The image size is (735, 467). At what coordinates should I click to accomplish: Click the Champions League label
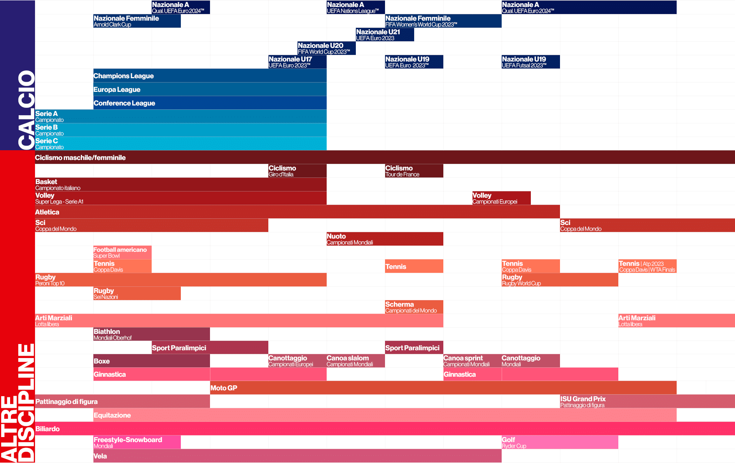(124, 76)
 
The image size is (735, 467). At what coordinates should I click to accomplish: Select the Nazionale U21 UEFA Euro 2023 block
(385, 35)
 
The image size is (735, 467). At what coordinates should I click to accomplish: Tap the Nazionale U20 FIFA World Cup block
(326, 48)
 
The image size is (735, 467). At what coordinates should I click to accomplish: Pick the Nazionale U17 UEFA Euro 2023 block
(297, 62)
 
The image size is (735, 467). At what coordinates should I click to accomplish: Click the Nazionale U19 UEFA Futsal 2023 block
(530, 62)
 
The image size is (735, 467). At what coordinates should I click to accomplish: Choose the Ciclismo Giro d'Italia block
(297, 171)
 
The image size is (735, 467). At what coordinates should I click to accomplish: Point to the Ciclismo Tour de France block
(414, 171)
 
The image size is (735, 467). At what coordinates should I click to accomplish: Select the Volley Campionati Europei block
(501, 198)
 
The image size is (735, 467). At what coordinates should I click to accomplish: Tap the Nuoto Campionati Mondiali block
(385, 239)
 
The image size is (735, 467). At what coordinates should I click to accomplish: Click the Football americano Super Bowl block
(122, 253)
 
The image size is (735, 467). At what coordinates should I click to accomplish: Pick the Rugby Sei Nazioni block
(137, 293)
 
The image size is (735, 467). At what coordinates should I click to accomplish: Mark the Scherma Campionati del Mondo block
(414, 307)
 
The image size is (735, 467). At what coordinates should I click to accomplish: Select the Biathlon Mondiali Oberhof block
(151, 334)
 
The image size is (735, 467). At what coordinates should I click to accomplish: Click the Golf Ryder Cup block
(559, 442)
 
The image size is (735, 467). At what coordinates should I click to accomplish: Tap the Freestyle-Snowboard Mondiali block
(137, 442)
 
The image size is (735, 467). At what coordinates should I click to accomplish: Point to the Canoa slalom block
(355, 361)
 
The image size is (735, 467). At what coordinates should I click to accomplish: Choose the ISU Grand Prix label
(583, 399)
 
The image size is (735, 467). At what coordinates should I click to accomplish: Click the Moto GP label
(224, 388)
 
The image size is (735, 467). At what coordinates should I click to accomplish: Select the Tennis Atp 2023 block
(647, 266)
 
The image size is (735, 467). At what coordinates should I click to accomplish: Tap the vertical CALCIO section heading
(26, 110)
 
